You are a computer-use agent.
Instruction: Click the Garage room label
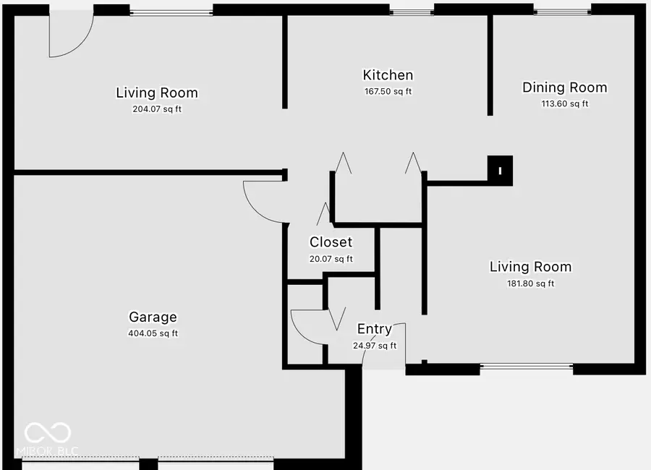(x=153, y=317)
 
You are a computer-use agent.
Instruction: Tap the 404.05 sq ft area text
(x=153, y=333)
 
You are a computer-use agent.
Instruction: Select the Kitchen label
(x=388, y=75)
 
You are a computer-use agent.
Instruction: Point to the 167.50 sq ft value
(x=388, y=92)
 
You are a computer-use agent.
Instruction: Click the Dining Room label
(x=565, y=87)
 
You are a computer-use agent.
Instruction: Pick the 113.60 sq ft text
(x=565, y=103)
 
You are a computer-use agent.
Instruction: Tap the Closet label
(x=331, y=242)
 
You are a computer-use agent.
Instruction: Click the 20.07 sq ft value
(x=331, y=259)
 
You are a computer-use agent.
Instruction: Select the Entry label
(x=375, y=329)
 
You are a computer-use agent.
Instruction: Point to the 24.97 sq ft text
(x=375, y=346)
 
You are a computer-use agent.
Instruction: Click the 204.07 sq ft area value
(x=157, y=110)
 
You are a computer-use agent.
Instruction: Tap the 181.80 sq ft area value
(x=531, y=283)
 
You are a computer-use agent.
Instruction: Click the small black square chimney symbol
(x=500, y=171)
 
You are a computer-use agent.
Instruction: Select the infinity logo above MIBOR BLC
(x=47, y=433)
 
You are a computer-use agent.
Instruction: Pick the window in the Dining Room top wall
(x=563, y=11)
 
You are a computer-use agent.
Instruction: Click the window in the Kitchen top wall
(x=411, y=11)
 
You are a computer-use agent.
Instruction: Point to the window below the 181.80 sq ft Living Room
(x=526, y=367)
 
